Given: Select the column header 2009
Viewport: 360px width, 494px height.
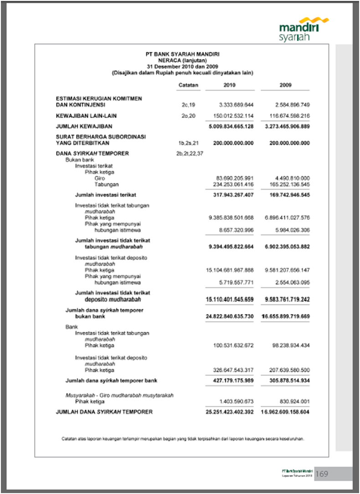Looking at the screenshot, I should coord(286,85).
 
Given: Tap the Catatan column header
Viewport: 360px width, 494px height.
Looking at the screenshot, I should coord(188,85).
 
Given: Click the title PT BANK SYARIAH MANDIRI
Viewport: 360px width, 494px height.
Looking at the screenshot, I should coord(183,55).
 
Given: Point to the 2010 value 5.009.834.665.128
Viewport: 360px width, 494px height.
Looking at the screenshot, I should coord(231,126).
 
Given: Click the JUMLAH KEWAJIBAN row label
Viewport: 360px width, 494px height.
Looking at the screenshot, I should coord(84,126).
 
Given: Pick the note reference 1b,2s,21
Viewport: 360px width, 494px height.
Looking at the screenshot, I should coord(188,143).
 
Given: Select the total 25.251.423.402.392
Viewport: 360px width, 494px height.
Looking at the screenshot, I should coord(230,412).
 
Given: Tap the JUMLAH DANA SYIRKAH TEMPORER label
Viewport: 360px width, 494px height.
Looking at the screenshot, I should coord(104,412).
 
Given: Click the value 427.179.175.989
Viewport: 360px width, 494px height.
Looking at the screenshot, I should coord(232,380).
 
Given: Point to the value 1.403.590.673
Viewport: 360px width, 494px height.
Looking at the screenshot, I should coord(237,401).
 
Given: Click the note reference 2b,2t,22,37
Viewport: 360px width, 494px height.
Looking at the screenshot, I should coord(189,154).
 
